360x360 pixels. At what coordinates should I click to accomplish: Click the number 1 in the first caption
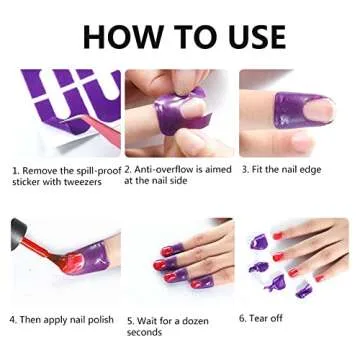coord(15,171)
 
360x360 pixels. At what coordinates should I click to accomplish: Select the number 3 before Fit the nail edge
coord(244,170)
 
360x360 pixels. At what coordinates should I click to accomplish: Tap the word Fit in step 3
coord(261,170)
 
